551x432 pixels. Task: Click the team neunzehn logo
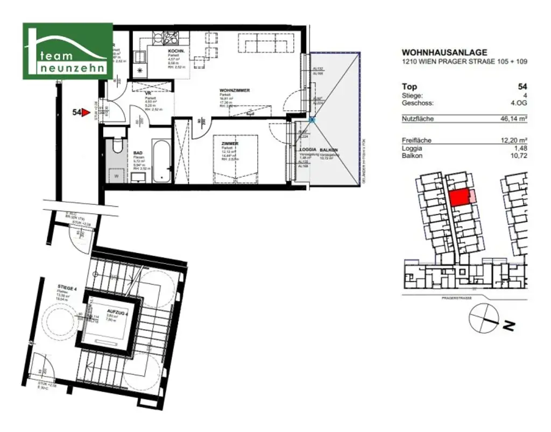(x=67, y=51)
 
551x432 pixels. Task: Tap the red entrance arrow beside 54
(x=85, y=112)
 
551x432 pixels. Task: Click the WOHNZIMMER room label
(x=234, y=90)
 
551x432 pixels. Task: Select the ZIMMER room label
(x=229, y=144)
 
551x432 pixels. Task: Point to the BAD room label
(x=138, y=153)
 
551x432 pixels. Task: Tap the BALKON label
(x=329, y=150)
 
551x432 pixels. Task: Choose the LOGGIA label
(x=308, y=150)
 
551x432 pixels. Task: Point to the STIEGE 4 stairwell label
(x=68, y=288)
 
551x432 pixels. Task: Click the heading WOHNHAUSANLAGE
(x=444, y=53)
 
